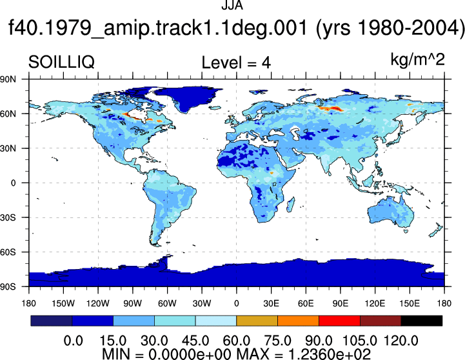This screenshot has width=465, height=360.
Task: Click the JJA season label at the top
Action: coord(232,5)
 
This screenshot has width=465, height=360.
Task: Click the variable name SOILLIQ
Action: coord(61,63)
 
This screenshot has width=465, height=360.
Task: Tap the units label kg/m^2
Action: coord(417,59)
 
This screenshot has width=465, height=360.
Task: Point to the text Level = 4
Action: coord(236,63)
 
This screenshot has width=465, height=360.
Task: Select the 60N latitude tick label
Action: coord(8,114)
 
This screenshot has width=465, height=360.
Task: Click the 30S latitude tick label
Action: coord(8,217)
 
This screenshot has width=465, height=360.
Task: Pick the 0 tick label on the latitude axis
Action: coord(13,183)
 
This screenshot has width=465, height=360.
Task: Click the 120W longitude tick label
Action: coord(98,303)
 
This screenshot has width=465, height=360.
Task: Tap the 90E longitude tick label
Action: coord(340,303)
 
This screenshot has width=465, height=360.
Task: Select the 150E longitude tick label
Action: coord(410,303)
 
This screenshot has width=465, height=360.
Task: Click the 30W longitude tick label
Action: coord(202,303)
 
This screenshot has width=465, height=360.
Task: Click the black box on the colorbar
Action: coord(421,321)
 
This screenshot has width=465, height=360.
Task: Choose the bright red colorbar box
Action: coord(339,321)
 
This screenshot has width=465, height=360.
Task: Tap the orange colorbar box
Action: coord(298,321)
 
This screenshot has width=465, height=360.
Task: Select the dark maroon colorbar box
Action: coord(381,321)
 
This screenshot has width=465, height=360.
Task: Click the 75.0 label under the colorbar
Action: coord(277,341)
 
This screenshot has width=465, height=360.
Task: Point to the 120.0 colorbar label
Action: coord(401,341)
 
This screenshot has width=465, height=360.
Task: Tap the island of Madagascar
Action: coord(290,205)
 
